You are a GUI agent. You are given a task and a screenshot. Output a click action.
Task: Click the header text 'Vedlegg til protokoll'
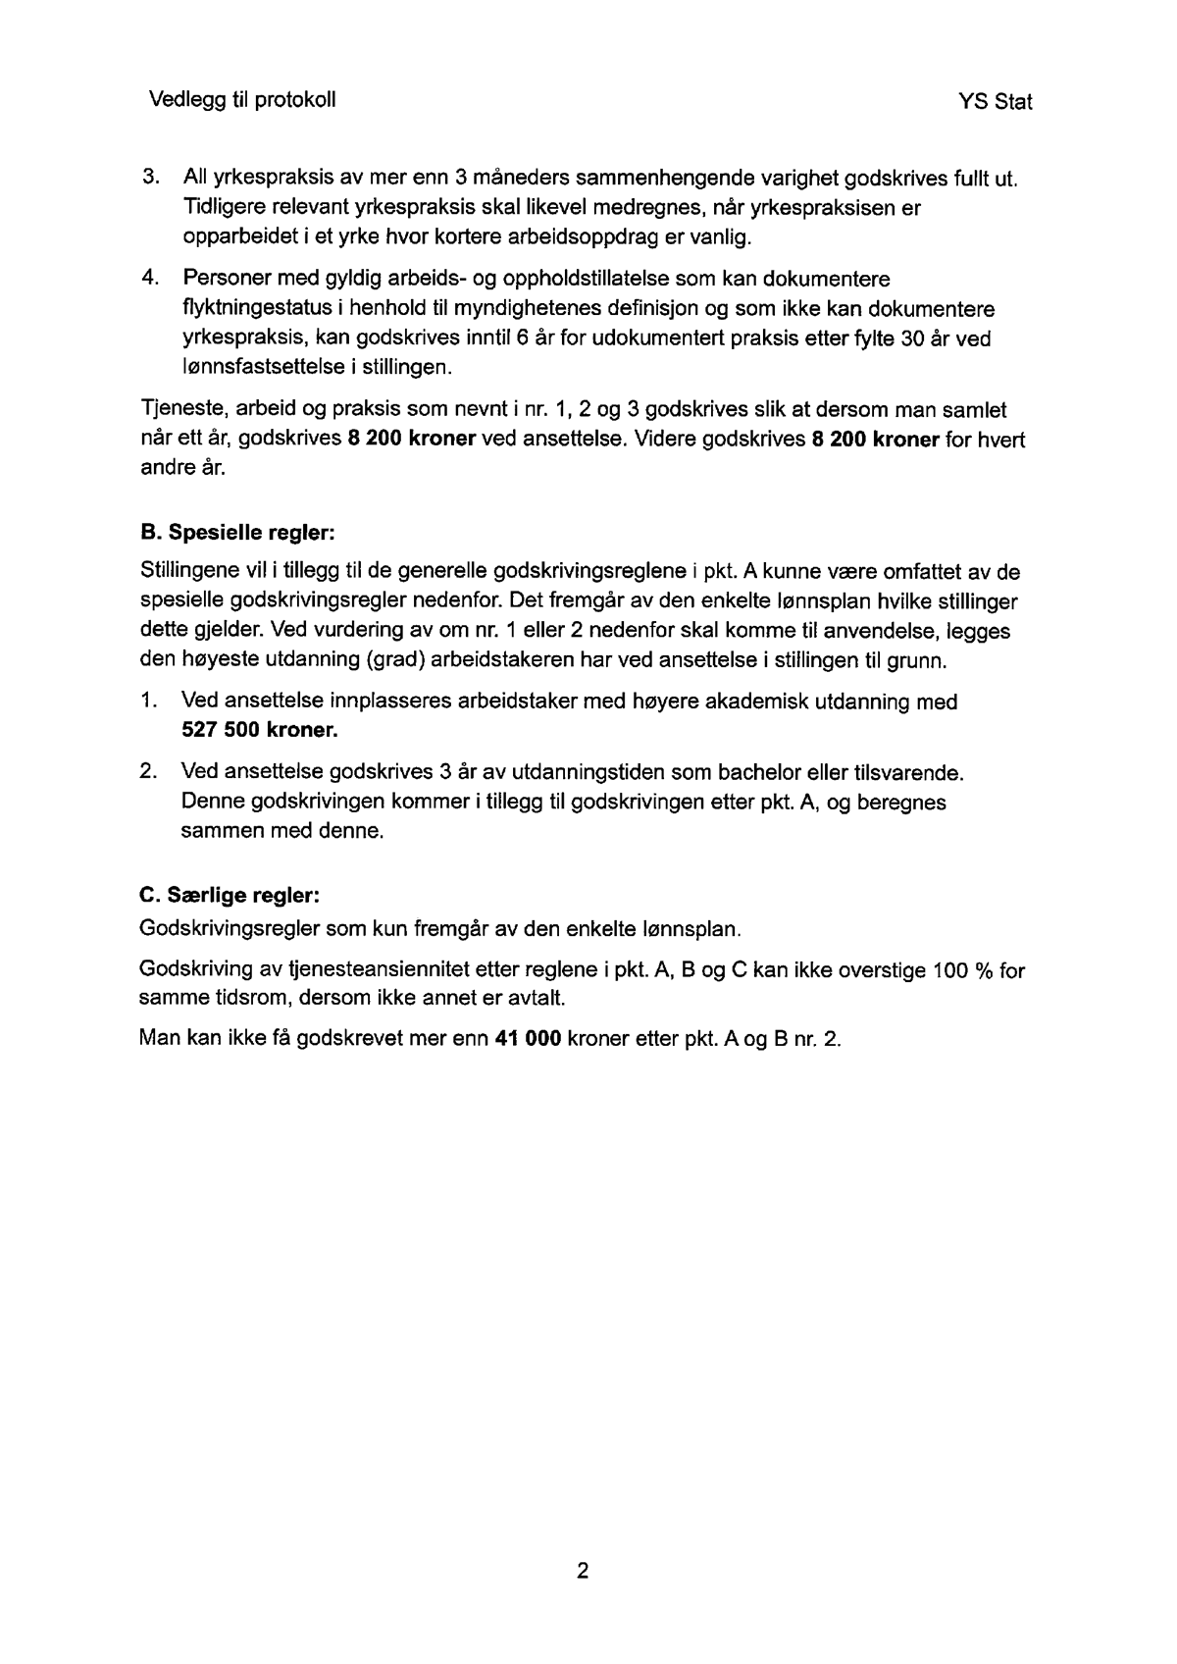(242, 100)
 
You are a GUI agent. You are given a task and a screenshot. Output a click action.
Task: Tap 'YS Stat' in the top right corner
(995, 102)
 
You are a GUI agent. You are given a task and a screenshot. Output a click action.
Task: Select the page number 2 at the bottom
(583, 1571)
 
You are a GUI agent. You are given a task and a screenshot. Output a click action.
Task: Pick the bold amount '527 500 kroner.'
(259, 731)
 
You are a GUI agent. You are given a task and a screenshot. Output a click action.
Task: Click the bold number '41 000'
(529, 1039)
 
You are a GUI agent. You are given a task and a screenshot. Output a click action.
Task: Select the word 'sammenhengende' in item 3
(665, 179)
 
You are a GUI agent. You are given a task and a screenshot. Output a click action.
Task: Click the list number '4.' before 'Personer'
(150, 280)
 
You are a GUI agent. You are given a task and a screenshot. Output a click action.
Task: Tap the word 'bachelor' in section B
(757, 772)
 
